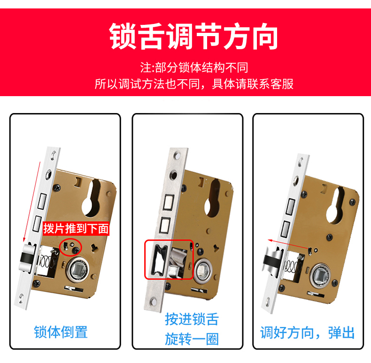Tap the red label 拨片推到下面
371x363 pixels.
click(x=76, y=229)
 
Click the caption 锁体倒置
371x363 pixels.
click(x=61, y=332)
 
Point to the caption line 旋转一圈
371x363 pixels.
click(x=192, y=339)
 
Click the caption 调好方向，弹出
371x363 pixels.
click(x=308, y=333)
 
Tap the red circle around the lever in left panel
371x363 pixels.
click(x=71, y=245)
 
